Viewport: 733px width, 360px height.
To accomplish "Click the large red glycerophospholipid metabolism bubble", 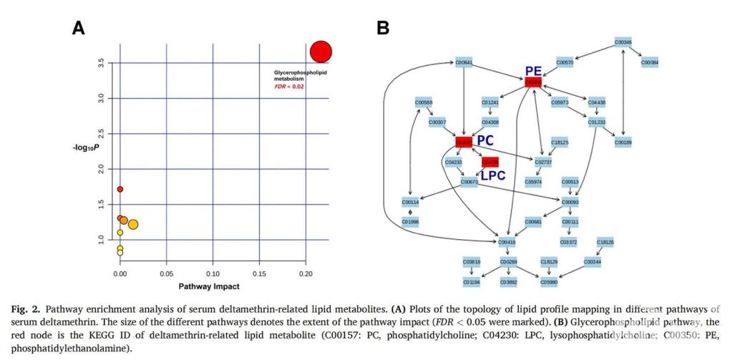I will pyautogui.click(x=321, y=52).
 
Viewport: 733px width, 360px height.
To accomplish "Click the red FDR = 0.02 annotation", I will pyautogui.click(x=290, y=87).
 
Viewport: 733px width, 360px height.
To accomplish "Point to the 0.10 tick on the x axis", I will pyautogui.click(x=213, y=274).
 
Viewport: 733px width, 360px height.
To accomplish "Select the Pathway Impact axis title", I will pyautogui.click(x=209, y=286).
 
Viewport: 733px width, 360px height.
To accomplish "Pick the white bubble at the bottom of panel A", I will pyautogui.click(x=120, y=253).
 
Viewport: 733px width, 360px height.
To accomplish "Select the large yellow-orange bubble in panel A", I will pyautogui.click(x=132, y=224).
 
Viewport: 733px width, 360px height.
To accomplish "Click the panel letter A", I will pyautogui.click(x=79, y=28).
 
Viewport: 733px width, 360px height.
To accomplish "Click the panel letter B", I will pyautogui.click(x=383, y=28).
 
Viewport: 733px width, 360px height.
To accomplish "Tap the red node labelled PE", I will pyautogui.click(x=533, y=83).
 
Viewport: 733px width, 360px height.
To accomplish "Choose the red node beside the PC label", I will pyautogui.click(x=464, y=142).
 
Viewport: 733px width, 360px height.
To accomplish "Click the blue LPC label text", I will pyautogui.click(x=493, y=175).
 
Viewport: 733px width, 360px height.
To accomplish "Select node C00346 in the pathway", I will pyautogui.click(x=623, y=42).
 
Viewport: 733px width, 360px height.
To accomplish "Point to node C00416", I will pyautogui.click(x=507, y=243).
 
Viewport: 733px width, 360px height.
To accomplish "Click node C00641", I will pyautogui.click(x=464, y=63).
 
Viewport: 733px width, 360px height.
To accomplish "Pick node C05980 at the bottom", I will pyautogui.click(x=549, y=283).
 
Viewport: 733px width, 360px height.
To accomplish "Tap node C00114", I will pyautogui.click(x=410, y=203).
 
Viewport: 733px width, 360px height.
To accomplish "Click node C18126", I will pyautogui.click(x=605, y=243).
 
